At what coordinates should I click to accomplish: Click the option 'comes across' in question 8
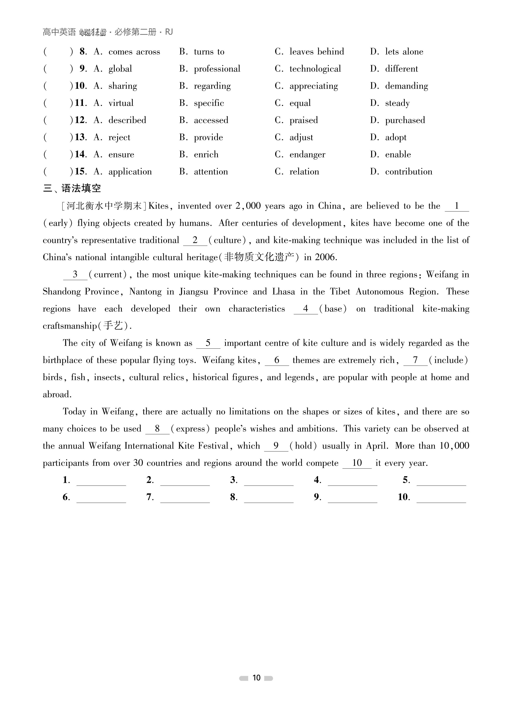tap(134, 52)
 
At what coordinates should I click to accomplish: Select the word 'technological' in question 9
tap(315, 69)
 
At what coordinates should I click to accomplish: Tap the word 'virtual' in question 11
tap(121, 103)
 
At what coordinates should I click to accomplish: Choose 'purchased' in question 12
tap(405, 120)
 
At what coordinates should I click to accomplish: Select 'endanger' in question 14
tap(307, 154)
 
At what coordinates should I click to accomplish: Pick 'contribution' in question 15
tap(408, 172)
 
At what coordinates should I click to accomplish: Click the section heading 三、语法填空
tap(72, 188)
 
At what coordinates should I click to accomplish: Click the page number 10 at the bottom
tap(256, 678)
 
